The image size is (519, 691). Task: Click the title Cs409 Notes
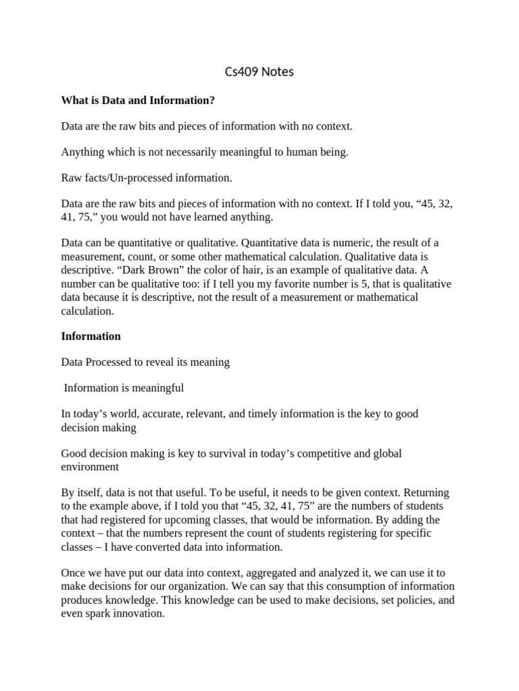[x=259, y=72]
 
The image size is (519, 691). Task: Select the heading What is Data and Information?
[x=138, y=101]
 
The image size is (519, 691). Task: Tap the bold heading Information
[x=91, y=336]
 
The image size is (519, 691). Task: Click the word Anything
[x=82, y=153]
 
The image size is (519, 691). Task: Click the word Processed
[x=108, y=362]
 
